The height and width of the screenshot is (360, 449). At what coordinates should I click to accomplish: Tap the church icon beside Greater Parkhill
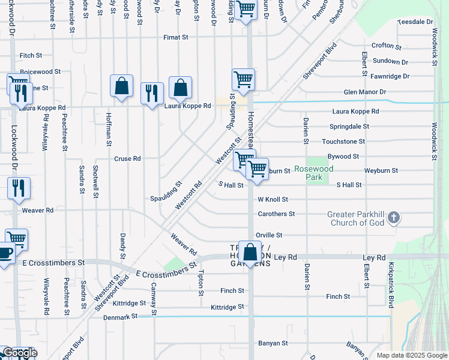click(x=393, y=218)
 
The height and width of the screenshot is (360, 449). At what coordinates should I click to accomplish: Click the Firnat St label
click(x=176, y=37)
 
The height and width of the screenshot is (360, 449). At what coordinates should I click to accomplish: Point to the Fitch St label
click(x=31, y=55)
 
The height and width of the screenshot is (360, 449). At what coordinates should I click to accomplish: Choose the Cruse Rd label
click(x=127, y=159)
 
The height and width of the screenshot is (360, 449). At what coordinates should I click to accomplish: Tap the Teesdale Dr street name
click(x=415, y=22)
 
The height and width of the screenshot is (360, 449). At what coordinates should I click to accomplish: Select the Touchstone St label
click(x=343, y=142)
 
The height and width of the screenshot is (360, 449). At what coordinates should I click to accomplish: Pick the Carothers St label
click(x=276, y=214)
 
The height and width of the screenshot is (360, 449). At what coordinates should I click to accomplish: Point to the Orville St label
click(x=269, y=235)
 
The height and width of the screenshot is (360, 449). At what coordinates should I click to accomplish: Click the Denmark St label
click(x=121, y=316)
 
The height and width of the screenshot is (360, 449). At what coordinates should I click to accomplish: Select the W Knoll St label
click(x=273, y=199)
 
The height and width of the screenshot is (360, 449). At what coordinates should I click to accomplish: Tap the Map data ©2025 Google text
click(x=411, y=355)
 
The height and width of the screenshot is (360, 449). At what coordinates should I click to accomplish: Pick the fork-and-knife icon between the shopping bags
click(x=151, y=93)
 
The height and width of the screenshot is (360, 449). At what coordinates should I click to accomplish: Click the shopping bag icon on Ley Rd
click(x=250, y=252)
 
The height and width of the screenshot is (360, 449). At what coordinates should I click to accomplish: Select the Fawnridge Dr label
click(x=390, y=76)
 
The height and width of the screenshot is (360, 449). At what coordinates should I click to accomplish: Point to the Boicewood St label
click(x=41, y=71)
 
